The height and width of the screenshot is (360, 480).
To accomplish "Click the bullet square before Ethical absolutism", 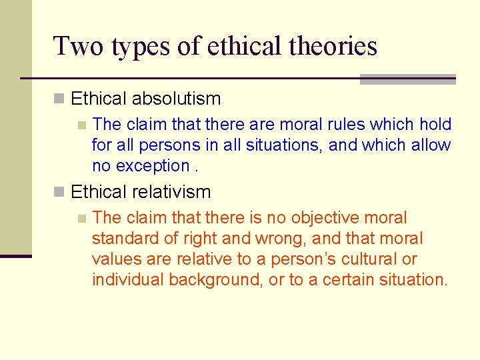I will coord(59,99).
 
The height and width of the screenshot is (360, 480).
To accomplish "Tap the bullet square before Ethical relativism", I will coord(59,193).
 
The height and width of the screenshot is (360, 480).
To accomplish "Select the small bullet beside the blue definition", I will coord(81,125).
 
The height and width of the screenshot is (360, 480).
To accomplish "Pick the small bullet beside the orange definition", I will coord(81,218).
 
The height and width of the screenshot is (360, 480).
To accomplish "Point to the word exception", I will coord(153,166).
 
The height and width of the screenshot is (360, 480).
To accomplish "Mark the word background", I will coord(215,279).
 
